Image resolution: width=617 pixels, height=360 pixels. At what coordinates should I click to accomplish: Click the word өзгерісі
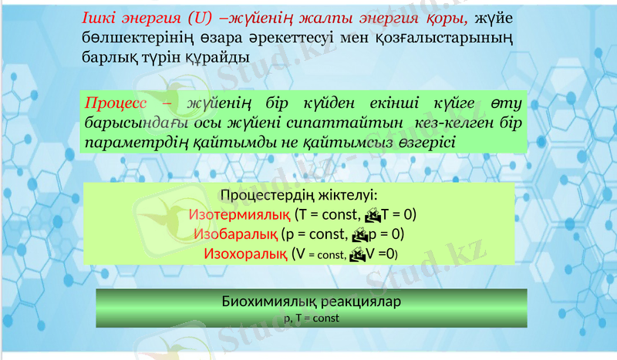click(x=427, y=143)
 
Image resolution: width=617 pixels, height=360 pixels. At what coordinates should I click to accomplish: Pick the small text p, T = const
click(x=312, y=317)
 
